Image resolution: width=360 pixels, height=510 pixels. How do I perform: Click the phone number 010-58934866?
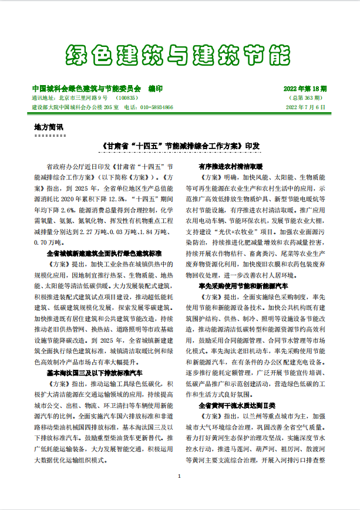[x=157, y=107]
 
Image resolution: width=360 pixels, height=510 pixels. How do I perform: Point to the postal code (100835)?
[x=127, y=97]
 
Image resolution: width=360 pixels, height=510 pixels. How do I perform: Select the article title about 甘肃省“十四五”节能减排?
[x=180, y=144]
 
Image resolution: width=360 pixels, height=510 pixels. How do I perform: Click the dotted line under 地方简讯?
[x=50, y=134]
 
